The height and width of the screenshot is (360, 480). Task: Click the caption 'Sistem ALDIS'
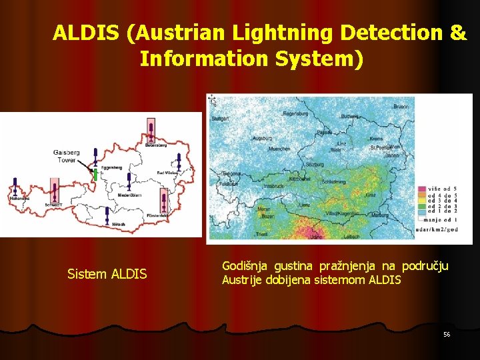point(107,273)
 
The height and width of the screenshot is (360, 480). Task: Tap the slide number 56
point(447,333)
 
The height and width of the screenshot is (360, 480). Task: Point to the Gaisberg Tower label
point(66,156)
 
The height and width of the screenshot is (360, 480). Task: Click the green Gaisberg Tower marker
point(95,175)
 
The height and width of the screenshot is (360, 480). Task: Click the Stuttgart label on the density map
point(220,118)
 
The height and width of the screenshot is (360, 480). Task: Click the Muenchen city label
point(279,149)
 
